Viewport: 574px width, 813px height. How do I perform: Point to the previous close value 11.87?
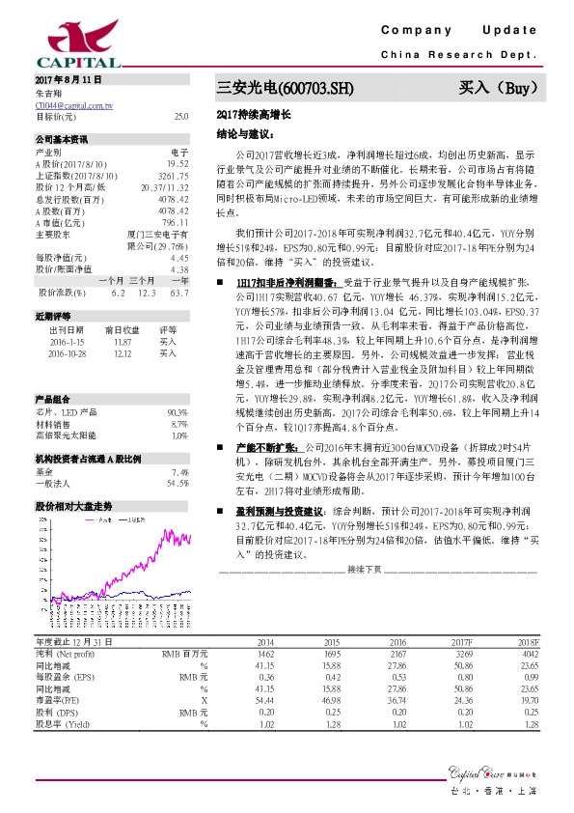tap(122, 342)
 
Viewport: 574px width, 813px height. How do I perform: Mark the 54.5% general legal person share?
tap(177, 483)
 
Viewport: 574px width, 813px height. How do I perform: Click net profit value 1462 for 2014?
tap(264, 654)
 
